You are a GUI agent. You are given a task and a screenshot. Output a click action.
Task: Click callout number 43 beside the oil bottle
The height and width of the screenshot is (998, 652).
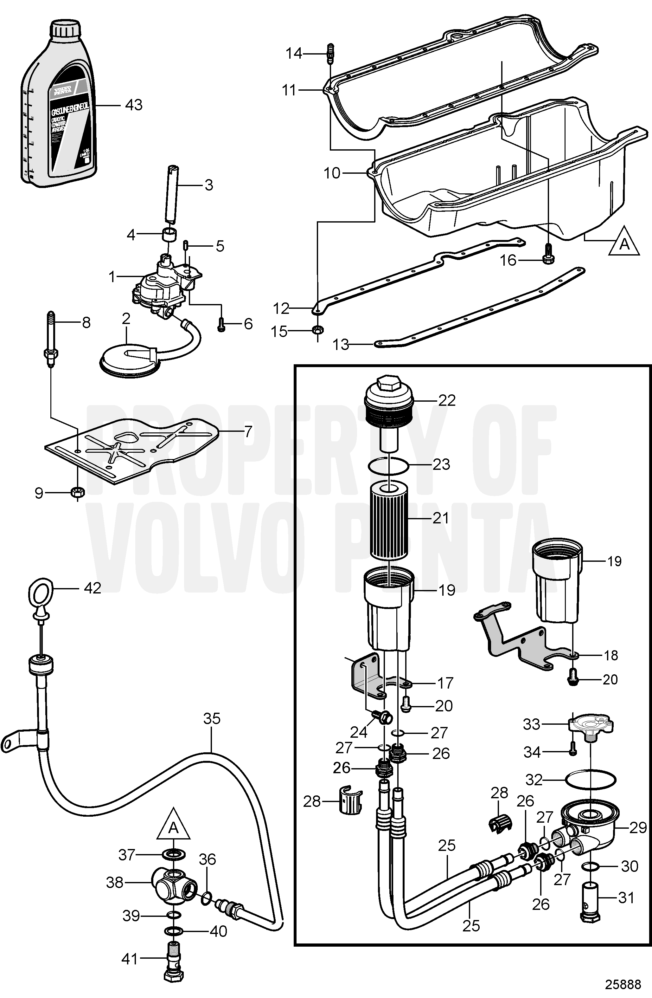point(134,105)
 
